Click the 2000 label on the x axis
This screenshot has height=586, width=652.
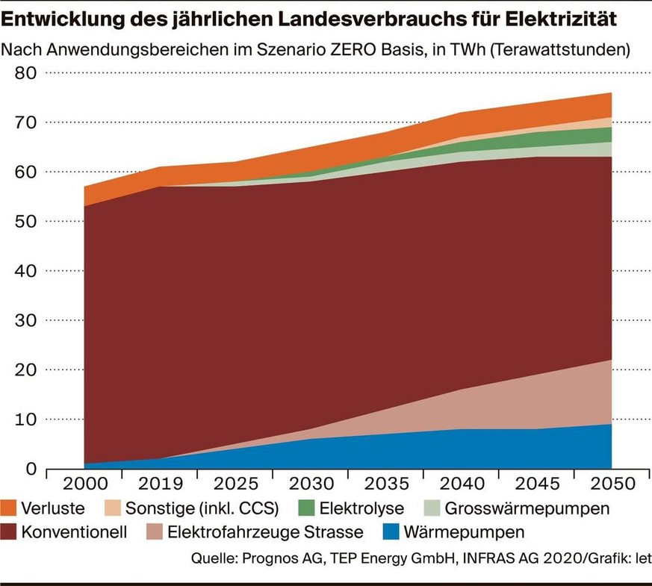point(84,484)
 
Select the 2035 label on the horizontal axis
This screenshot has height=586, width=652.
point(385,484)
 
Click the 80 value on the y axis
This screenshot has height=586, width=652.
point(26,73)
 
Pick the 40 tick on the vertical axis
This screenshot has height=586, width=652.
point(26,271)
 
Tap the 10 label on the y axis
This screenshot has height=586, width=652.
point(26,420)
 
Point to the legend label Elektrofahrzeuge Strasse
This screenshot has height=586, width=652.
point(266,532)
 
